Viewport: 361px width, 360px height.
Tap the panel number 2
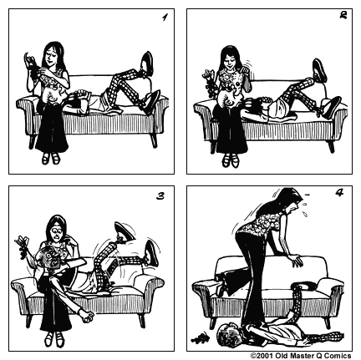pos(342,18)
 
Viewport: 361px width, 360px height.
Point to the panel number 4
pos(340,195)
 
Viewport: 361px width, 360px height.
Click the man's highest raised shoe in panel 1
pos(146,63)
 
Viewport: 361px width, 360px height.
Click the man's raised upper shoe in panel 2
pos(319,68)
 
